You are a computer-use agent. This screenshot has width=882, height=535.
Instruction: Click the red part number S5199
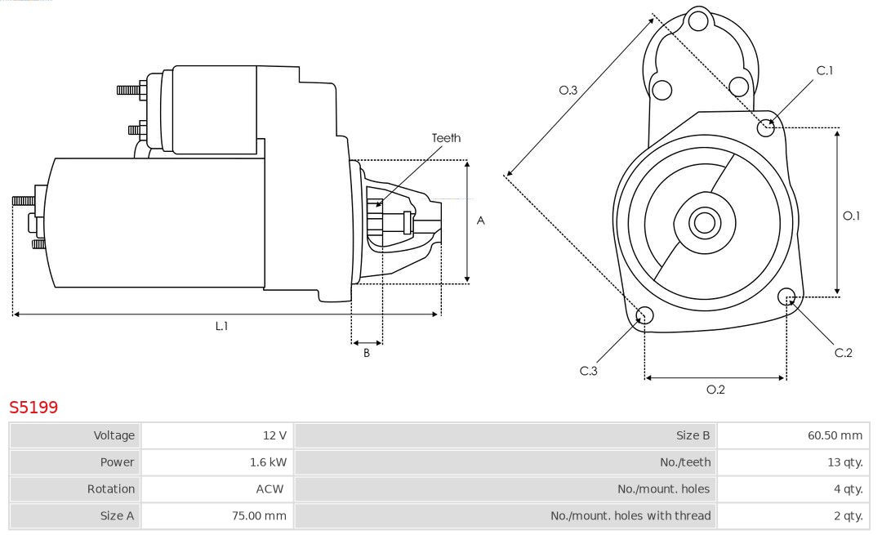click(33, 407)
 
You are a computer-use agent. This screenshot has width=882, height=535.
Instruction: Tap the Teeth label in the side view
click(446, 138)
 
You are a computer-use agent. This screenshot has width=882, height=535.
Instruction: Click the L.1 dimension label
click(221, 326)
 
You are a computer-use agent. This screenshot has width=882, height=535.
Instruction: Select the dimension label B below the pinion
click(367, 354)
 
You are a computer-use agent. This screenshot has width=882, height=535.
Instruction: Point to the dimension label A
click(480, 221)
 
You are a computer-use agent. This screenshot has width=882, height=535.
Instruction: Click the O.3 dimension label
click(568, 91)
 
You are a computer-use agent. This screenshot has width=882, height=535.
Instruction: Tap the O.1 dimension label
click(851, 216)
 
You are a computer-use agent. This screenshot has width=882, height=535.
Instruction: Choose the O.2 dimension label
click(715, 390)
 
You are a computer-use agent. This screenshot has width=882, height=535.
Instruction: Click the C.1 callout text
click(825, 71)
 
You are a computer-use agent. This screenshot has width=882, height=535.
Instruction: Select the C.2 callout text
click(843, 353)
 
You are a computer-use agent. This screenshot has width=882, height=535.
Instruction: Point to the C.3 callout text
click(589, 371)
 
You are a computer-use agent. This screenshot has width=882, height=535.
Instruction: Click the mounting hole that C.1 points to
click(766, 127)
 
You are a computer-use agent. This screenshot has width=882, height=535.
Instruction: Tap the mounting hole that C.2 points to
click(787, 296)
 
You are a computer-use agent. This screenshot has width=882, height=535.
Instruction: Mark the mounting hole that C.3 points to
click(644, 316)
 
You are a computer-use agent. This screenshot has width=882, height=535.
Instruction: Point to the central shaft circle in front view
click(703, 222)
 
